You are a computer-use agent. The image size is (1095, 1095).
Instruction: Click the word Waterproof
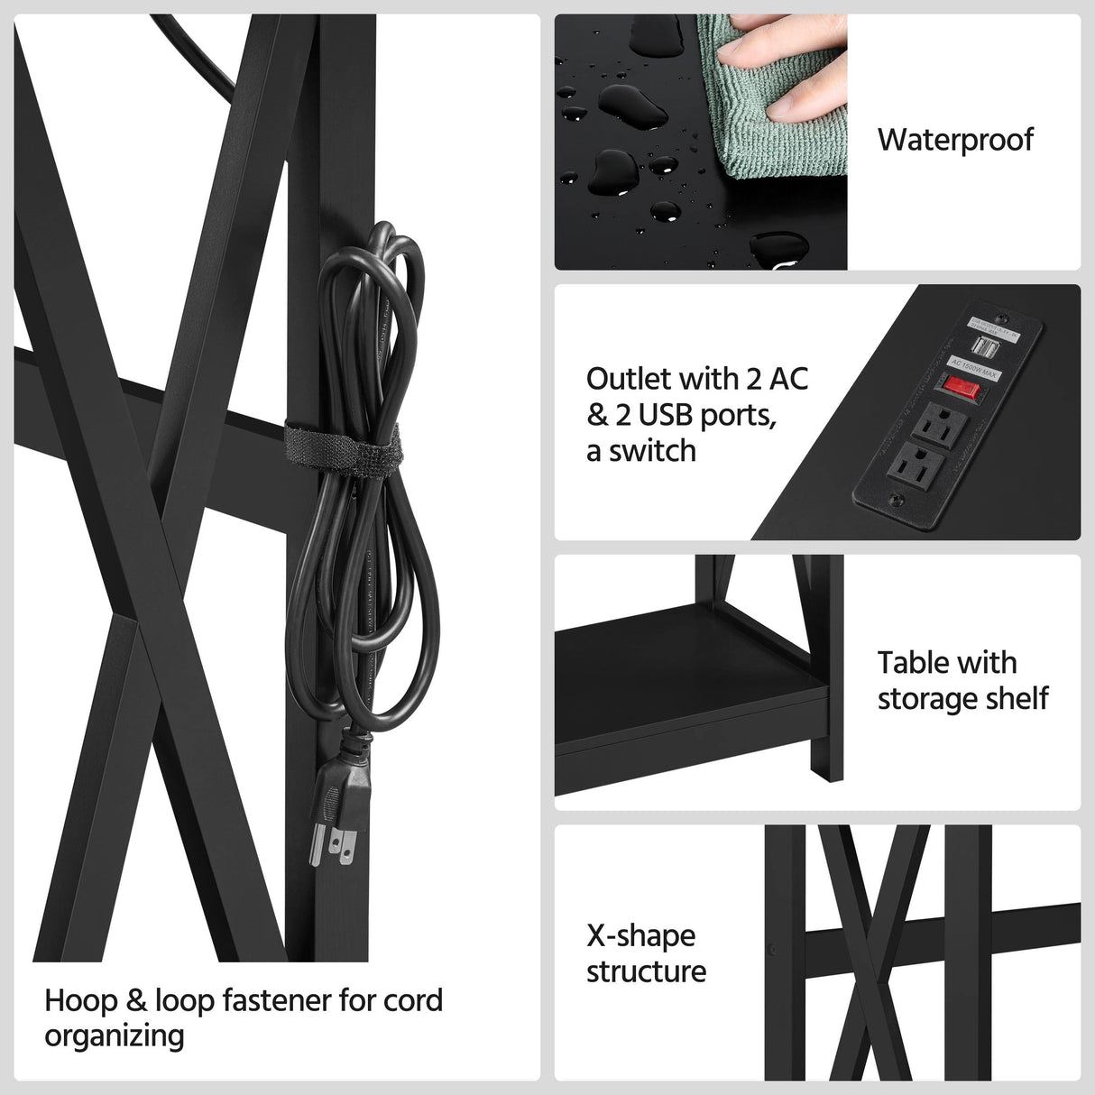click(955, 140)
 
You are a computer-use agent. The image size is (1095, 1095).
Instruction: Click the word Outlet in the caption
click(628, 378)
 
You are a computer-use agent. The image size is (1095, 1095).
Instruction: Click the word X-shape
click(641, 936)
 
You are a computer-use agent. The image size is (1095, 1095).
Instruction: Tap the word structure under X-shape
click(646, 972)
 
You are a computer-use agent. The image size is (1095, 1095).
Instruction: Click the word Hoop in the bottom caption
click(81, 1000)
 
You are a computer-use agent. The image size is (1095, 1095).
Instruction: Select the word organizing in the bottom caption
click(115, 1036)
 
